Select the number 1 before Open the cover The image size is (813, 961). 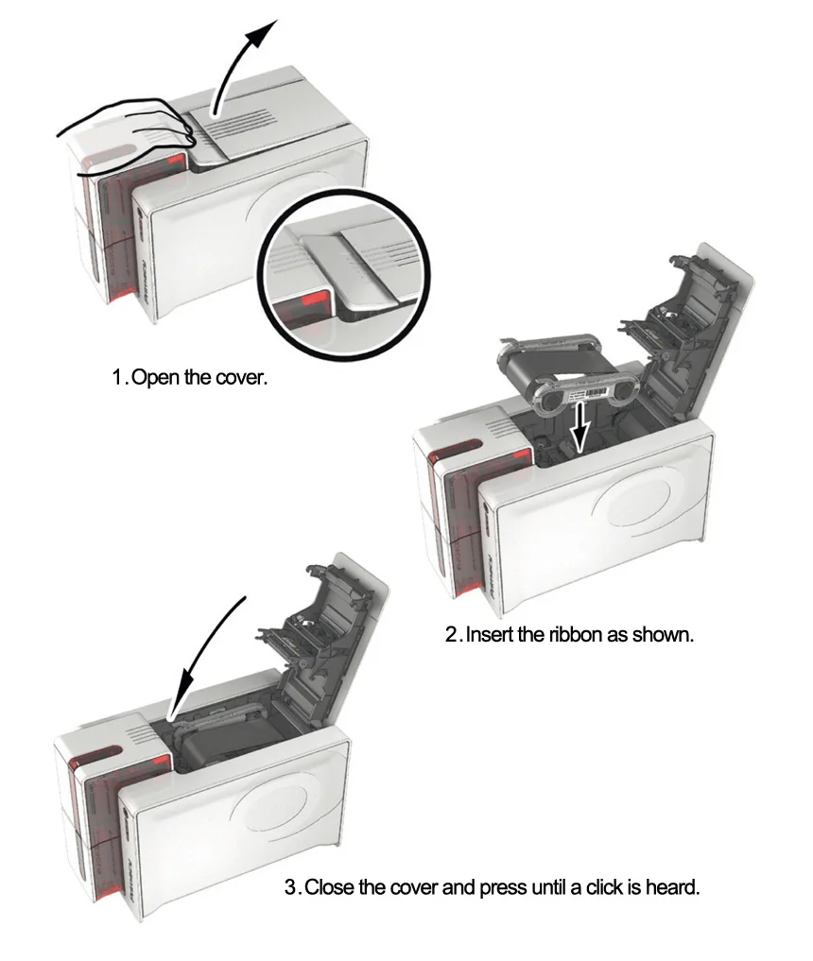[117, 379]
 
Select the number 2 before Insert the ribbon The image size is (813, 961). [452, 634]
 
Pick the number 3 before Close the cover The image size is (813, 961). [291, 888]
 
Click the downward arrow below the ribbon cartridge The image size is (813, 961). [581, 430]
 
